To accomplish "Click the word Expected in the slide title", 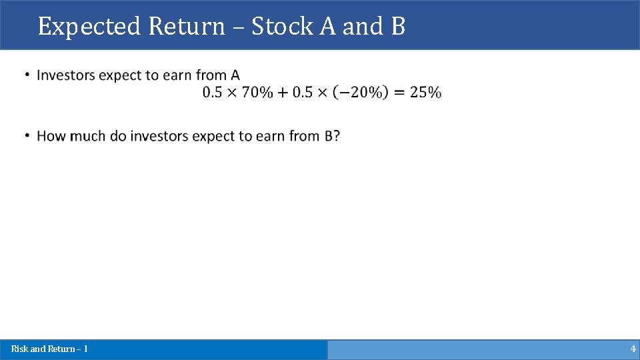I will point(90,27).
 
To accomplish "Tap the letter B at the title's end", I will point(398,27).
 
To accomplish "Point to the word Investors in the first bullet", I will point(65,75).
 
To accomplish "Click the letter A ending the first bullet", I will point(235,75).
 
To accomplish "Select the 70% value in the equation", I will point(257,93).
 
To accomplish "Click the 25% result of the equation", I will point(425,93).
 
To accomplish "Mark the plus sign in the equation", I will point(283,93).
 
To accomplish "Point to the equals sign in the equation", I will point(399,93).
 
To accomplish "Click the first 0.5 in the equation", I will point(213,93).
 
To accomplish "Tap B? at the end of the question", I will point(332,136).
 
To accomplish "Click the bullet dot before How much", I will point(27,135).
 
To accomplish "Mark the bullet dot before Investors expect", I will point(27,75).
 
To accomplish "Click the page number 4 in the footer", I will point(633,349).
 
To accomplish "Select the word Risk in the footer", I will point(19,349).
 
